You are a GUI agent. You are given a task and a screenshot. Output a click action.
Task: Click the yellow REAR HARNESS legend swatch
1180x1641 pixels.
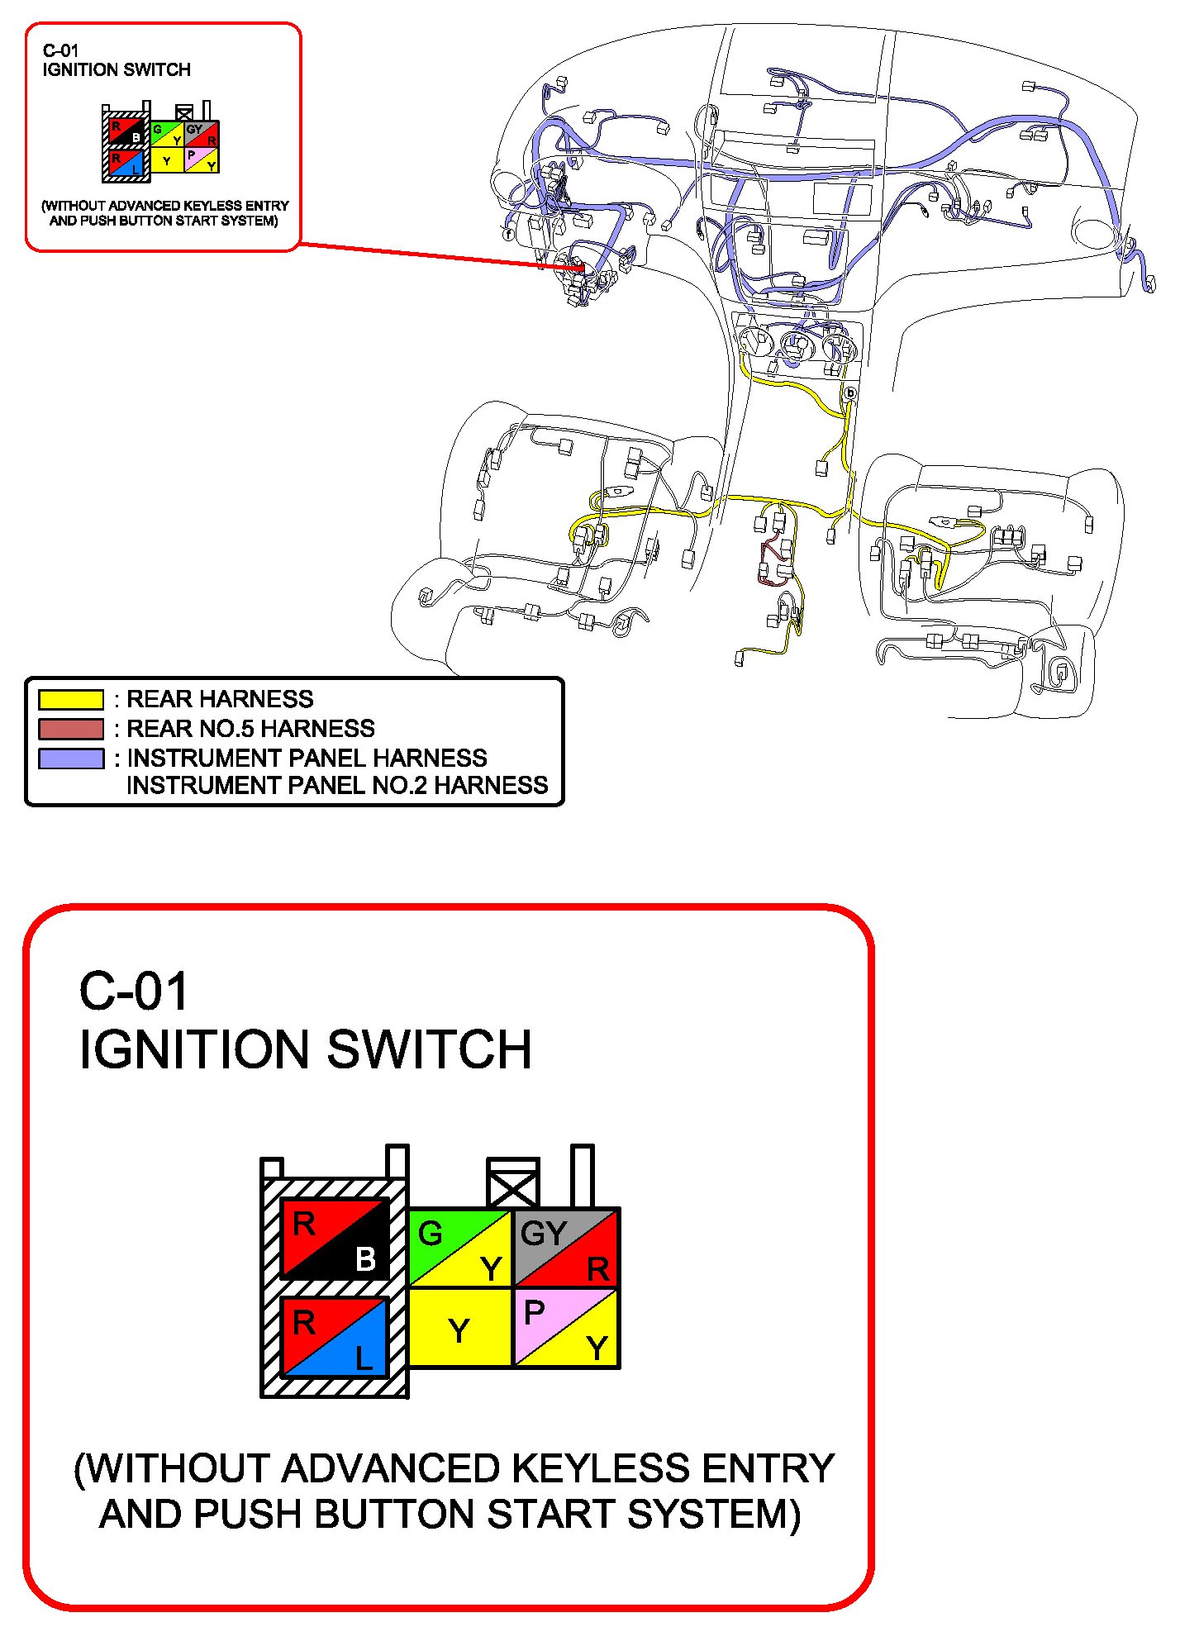click(71, 699)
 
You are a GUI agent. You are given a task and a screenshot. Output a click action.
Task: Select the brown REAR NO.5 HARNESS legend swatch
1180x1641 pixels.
click(71, 729)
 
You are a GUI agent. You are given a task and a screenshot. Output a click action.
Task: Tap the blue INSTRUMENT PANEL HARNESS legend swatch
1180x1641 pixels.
click(71, 759)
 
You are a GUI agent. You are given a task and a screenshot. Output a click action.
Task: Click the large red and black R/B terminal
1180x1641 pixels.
click(335, 1239)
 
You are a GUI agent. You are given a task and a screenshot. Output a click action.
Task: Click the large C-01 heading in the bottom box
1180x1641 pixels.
click(134, 992)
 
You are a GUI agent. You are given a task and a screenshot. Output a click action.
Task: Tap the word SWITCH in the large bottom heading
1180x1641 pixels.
click(430, 1049)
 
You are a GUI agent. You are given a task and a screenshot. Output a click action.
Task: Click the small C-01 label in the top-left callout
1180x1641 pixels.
click(60, 51)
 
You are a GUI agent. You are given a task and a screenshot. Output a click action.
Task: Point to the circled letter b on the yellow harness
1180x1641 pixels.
click(849, 393)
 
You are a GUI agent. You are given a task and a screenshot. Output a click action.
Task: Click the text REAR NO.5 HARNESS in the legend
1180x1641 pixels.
click(250, 729)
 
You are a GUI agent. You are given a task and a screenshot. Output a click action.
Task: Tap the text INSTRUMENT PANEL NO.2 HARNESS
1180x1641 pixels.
click(337, 785)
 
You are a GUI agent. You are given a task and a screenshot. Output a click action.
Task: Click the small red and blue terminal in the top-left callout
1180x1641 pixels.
click(126, 163)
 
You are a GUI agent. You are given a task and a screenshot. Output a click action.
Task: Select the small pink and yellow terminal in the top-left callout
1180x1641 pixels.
click(202, 159)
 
